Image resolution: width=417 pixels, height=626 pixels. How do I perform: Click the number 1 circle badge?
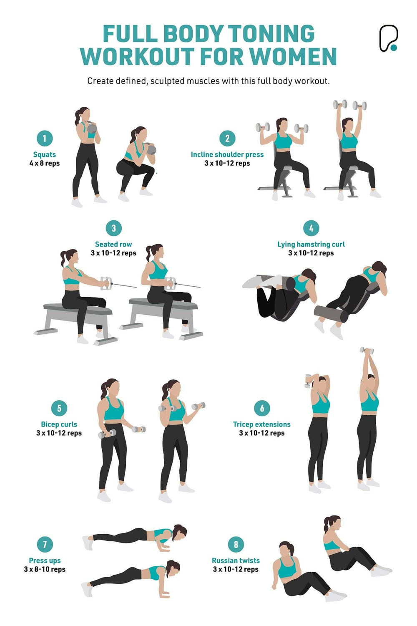(45, 139)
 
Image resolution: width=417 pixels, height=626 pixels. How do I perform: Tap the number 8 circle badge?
(236, 544)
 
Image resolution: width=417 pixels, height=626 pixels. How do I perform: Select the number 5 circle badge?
(59, 408)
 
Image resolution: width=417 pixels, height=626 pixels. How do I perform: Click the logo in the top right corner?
(388, 38)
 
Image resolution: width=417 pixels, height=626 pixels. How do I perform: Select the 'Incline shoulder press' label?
(227, 154)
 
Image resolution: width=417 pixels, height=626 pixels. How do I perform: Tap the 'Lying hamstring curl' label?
(311, 244)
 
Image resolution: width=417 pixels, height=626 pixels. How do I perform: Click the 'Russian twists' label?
(236, 560)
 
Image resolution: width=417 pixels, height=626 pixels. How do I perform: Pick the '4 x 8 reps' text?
(45, 163)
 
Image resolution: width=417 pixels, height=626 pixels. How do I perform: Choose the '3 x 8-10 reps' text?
(45, 569)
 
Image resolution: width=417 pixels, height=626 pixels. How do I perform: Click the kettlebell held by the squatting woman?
(151, 149)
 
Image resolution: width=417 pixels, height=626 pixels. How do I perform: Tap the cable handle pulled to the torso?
(170, 283)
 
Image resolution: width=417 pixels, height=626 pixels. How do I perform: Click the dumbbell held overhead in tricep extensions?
(367, 350)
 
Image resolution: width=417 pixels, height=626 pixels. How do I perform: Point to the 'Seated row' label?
(113, 244)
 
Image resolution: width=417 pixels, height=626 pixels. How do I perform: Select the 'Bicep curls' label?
(59, 424)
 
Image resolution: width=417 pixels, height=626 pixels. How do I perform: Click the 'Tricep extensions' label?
(262, 424)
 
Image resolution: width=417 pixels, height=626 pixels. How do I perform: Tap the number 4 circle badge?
(311, 228)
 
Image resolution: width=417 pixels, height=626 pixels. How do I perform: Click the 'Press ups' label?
(45, 560)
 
